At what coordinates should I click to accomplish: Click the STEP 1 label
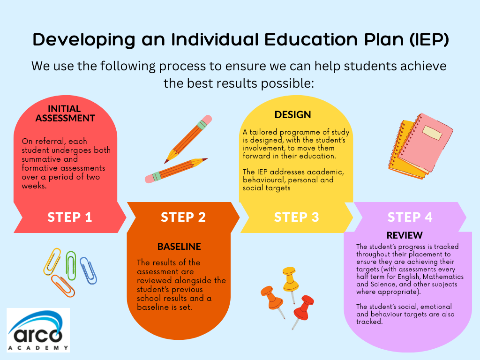click(x=70, y=217)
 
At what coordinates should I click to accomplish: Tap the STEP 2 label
click(x=183, y=217)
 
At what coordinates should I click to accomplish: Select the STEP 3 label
click(x=296, y=217)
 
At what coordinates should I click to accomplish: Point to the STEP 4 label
click(x=410, y=217)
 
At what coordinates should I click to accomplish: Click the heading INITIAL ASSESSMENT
click(x=65, y=113)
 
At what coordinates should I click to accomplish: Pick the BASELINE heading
click(x=179, y=247)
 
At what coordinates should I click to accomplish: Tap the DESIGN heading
click(x=292, y=114)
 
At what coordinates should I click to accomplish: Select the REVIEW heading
click(x=405, y=235)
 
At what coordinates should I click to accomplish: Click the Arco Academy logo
click(x=38, y=330)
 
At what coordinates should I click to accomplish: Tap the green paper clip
click(x=71, y=266)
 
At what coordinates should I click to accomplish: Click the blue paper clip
click(x=88, y=270)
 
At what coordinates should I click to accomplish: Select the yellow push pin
click(x=290, y=282)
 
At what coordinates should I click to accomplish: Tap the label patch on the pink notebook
click(x=432, y=133)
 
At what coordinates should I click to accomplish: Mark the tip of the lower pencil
click(x=207, y=159)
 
